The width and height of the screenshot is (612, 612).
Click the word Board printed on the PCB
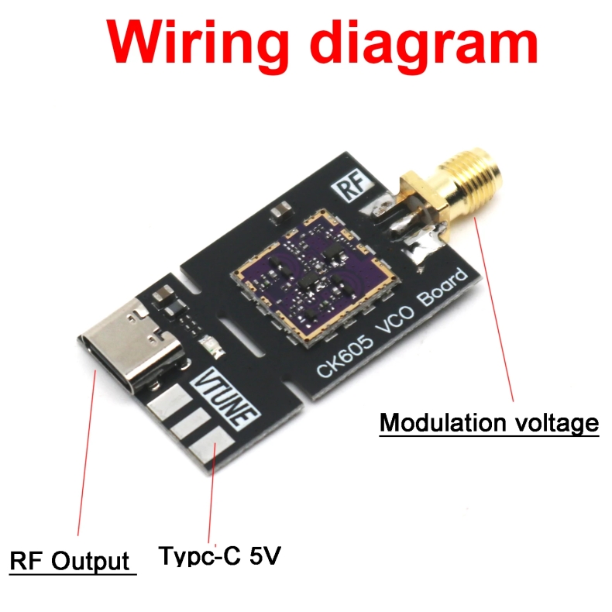click(x=443, y=293)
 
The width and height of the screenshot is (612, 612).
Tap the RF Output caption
click(x=70, y=560)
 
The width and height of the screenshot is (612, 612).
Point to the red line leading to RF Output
click(x=84, y=457)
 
